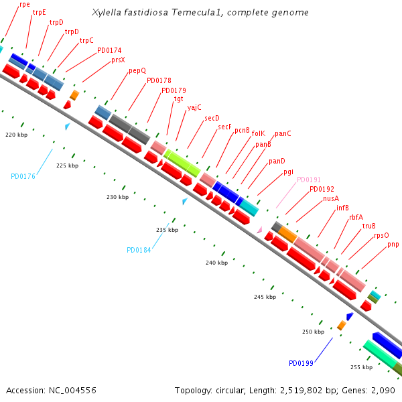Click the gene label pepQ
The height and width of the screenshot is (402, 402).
coord(137,70)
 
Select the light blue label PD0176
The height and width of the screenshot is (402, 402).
coord(23,177)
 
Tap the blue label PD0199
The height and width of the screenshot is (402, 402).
coord(301,363)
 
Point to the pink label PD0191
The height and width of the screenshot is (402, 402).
coord(309,180)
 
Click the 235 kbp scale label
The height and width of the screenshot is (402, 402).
coord(167,230)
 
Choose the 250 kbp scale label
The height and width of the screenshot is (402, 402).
coord(313,332)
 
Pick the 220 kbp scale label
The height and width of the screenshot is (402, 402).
coord(16,135)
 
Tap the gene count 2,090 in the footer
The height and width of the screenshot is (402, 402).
coord(382,390)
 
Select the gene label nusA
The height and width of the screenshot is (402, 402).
coord(331,198)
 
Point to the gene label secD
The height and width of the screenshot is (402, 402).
coord(212,117)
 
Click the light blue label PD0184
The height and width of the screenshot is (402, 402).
coord(139,250)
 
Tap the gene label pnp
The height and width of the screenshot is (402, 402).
coord(393,245)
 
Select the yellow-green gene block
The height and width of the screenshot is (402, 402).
coord(182,163)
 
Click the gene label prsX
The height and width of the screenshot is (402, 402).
coord(118,60)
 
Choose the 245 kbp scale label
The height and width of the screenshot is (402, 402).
coord(265,296)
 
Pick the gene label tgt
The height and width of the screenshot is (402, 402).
coord(179,98)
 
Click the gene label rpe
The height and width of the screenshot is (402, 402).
coord(25,4)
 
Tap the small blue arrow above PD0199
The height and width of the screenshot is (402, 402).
coord(349,316)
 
